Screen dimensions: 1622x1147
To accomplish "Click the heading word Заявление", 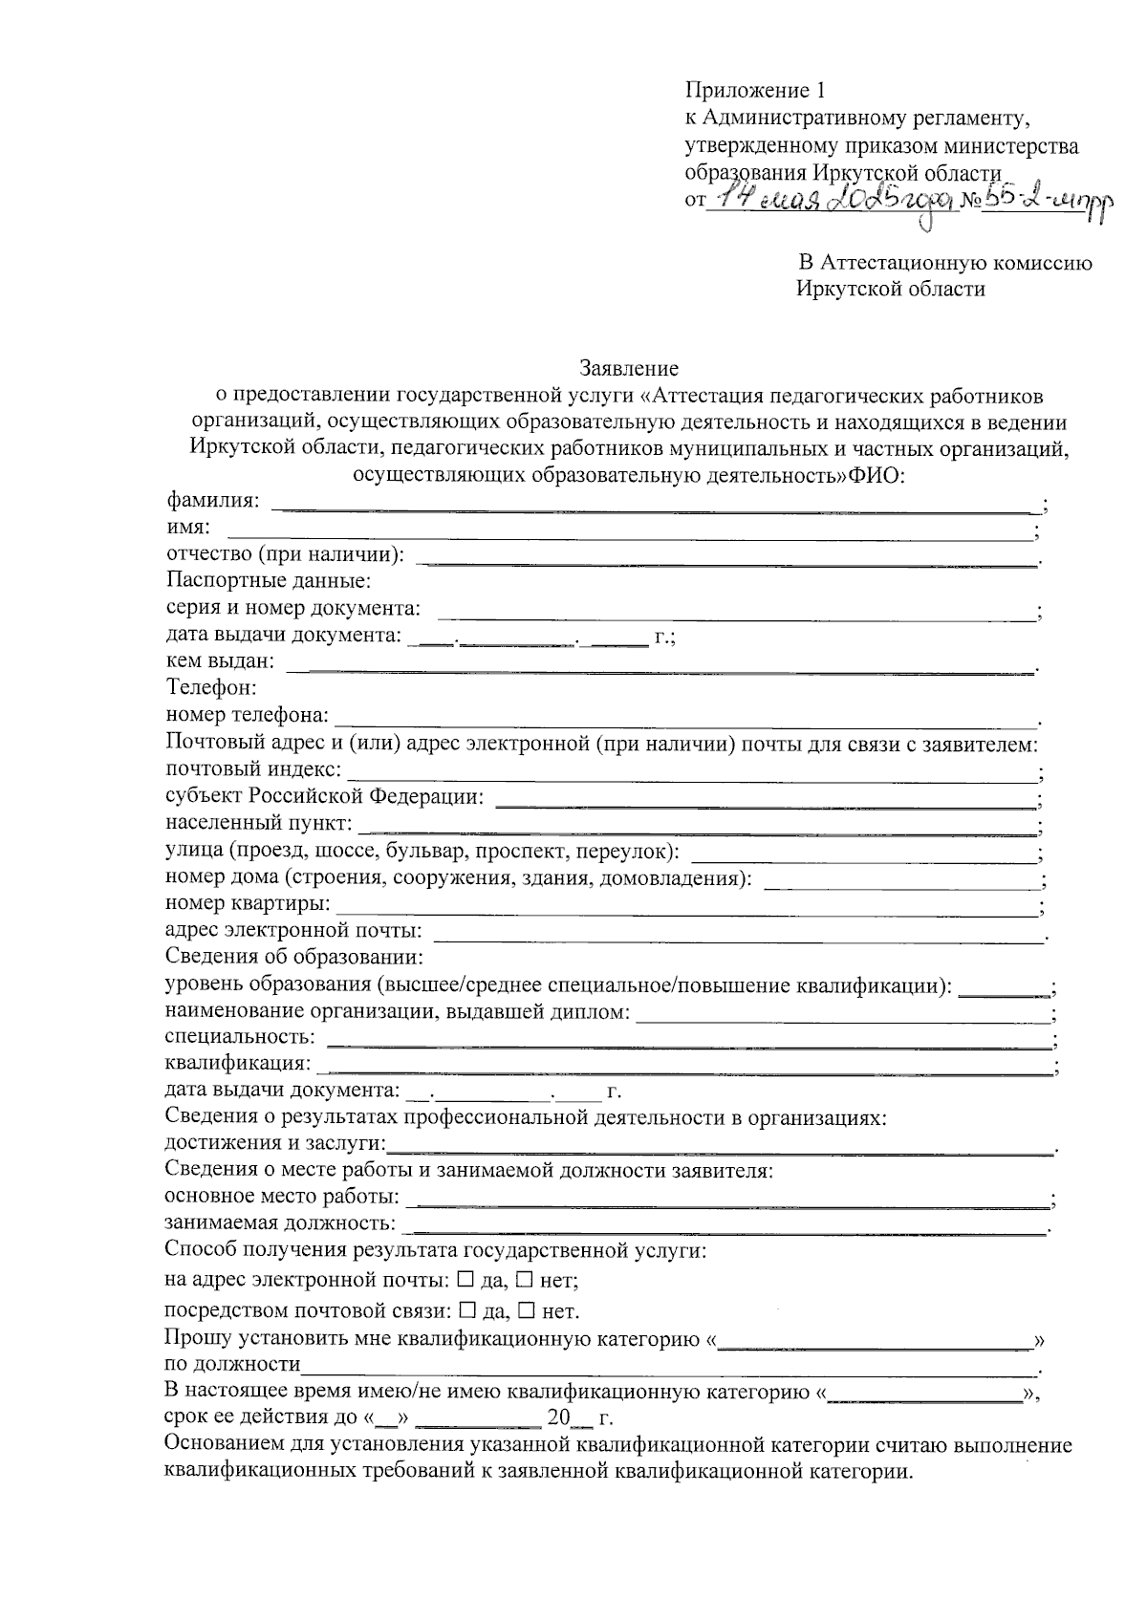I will click(628, 368).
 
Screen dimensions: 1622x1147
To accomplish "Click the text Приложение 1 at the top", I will click(753, 92).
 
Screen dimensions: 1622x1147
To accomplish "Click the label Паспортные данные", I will click(269, 581).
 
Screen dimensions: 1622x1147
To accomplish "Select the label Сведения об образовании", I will click(293, 957).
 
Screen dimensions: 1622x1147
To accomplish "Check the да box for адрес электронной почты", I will click(465, 1279).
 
